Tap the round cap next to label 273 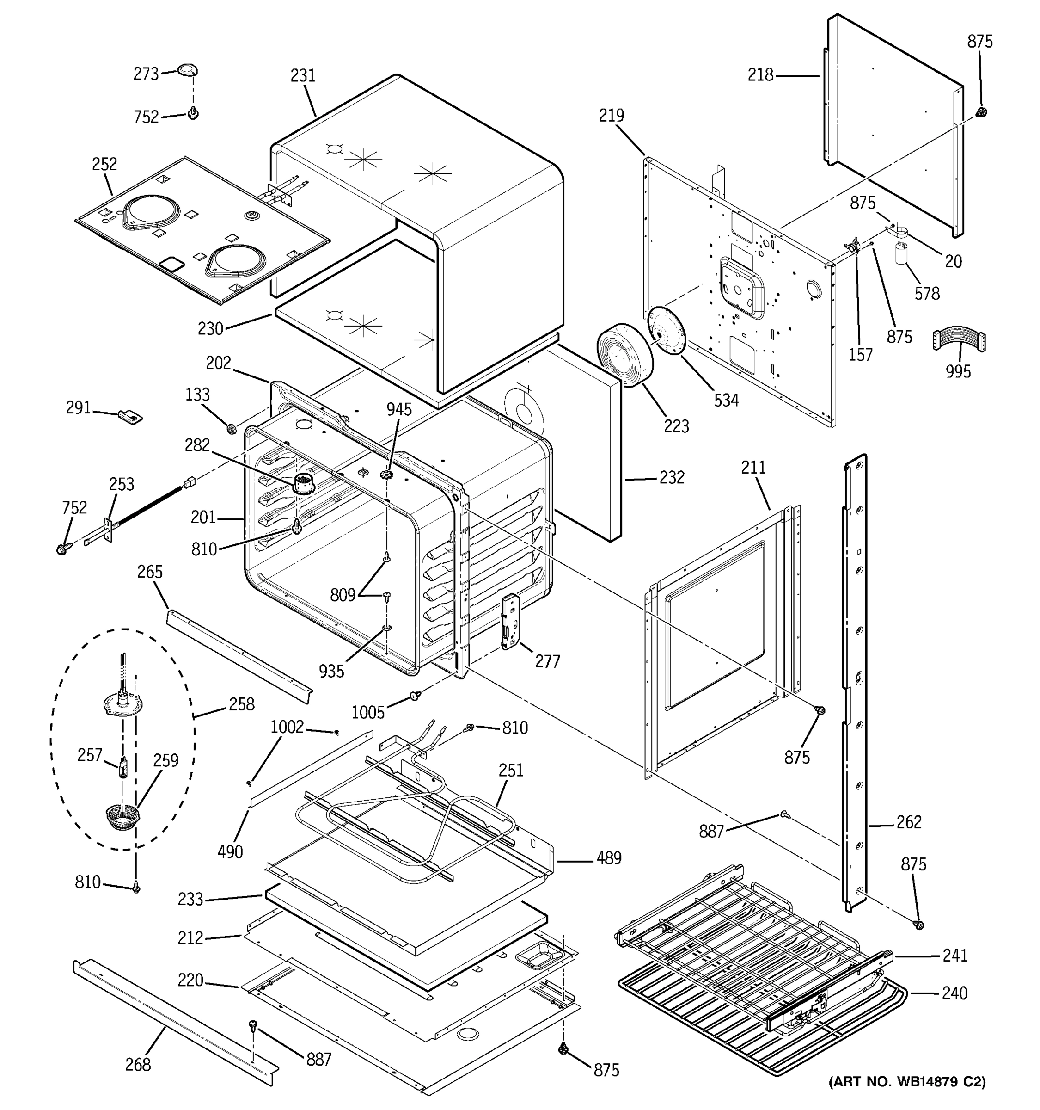188,70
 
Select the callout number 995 958,371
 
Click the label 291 78,408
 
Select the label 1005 367,712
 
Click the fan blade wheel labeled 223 625,354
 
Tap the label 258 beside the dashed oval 241,705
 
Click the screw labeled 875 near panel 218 981,112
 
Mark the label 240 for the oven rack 954,993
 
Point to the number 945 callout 399,409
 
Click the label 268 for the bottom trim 137,1065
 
